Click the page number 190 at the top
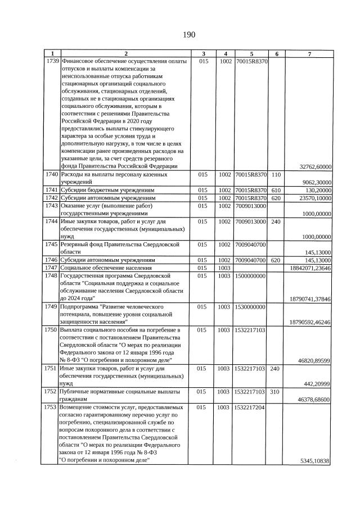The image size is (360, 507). (x=188, y=35)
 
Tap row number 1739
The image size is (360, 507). (x=52, y=61)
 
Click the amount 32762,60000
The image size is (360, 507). (x=316, y=166)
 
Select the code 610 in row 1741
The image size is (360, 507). (x=276, y=191)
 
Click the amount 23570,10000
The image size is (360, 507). (x=316, y=198)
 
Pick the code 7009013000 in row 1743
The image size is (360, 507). (x=251, y=206)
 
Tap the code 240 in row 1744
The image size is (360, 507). (x=276, y=221)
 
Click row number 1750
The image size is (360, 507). (x=52, y=330)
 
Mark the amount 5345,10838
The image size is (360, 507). (x=317, y=461)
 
